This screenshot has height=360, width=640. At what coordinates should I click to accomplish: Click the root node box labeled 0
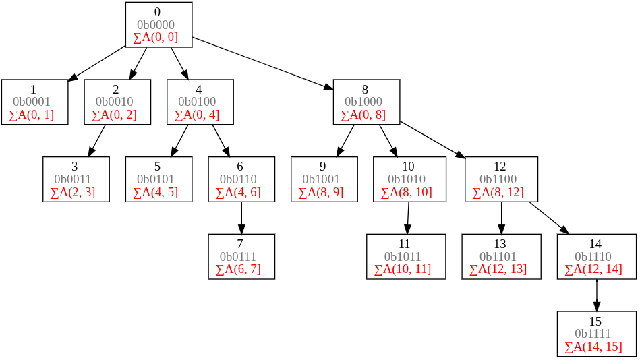pyautogui.click(x=158, y=24)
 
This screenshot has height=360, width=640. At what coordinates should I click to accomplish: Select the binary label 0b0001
pyautogui.click(x=32, y=102)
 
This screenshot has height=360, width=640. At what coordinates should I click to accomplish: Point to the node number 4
pyautogui.click(x=198, y=90)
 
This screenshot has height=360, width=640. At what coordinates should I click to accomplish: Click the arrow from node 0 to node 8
pyautogui.click(x=263, y=63)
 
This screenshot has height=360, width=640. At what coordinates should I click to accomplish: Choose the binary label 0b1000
pyautogui.click(x=363, y=102)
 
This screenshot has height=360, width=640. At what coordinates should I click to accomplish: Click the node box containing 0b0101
pyautogui.click(x=158, y=179)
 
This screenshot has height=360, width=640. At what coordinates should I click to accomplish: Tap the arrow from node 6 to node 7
pyautogui.click(x=241, y=218)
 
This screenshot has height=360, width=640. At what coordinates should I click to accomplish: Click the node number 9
pyautogui.click(x=322, y=167)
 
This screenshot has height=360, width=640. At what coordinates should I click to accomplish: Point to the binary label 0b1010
pyautogui.click(x=407, y=179)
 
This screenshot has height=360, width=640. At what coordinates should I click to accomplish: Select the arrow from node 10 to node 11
pyautogui.click(x=408, y=218)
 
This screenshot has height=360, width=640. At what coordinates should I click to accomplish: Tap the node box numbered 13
pyautogui.click(x=501, y=256)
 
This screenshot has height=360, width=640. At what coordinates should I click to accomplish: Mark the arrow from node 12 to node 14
pyautogui.click(x=550, y=218)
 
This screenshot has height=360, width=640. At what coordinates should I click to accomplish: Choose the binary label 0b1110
pyautogui.click(x=593, y=256)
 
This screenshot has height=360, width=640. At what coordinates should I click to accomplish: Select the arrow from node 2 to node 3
pyautogui.click(x=96, y=141)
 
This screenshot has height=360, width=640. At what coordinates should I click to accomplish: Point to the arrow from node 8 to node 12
pyautogui.click(x=433, y=140)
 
